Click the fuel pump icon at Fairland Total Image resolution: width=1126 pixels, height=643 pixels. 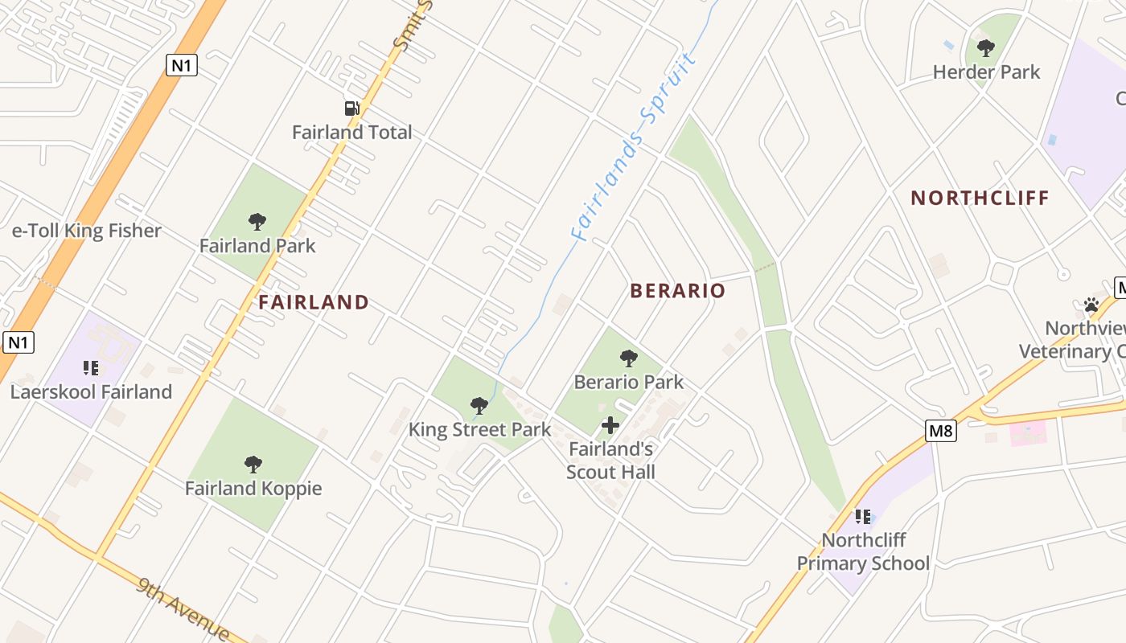351,109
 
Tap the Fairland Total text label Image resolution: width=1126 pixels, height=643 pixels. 351,133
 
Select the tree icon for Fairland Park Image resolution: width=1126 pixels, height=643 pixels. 257,222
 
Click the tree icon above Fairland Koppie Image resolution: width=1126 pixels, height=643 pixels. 253,464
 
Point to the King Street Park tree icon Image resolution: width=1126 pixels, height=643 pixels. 479,405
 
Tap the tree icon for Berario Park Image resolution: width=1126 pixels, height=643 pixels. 629,358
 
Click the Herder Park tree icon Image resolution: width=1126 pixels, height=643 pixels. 985,48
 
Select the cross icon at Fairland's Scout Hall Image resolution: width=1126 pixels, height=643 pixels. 610,424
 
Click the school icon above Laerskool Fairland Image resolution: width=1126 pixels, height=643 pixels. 91,368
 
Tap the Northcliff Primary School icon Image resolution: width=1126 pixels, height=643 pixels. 863,516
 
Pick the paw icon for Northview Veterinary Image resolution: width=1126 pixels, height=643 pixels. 1091,305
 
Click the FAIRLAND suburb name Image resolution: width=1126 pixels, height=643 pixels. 314,302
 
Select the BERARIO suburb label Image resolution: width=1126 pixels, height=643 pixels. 677,291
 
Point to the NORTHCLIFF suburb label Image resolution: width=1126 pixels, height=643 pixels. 980,198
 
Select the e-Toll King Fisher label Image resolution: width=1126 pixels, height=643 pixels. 87,231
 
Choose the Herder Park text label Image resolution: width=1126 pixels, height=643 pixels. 986,72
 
